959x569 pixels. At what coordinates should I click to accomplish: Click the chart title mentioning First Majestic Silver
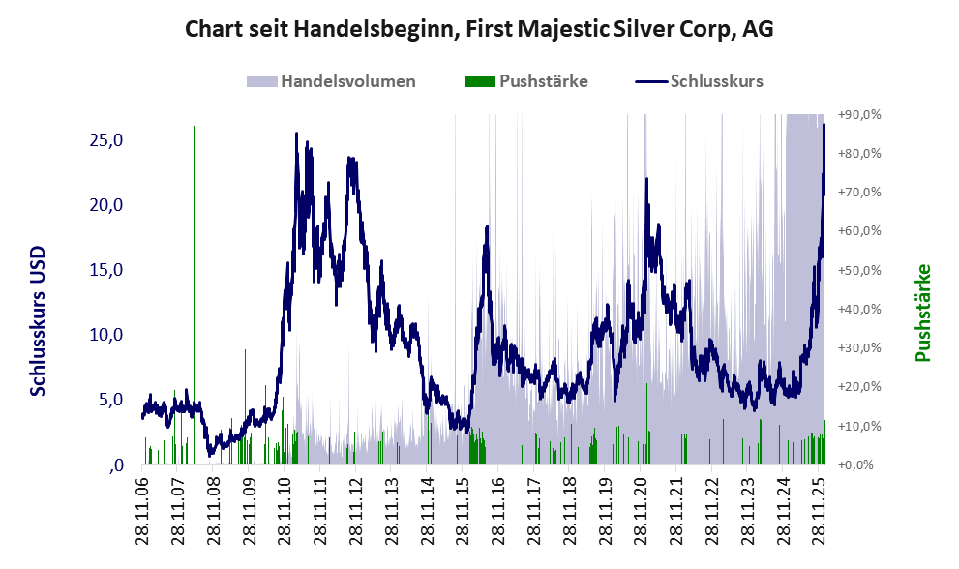(479, 30)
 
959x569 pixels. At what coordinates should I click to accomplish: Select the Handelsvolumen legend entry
(348, 81)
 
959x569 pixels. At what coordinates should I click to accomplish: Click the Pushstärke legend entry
(543, 81)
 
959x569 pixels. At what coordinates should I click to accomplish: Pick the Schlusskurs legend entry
(716, 81)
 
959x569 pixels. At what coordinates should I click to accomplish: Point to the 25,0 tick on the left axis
(106, 140)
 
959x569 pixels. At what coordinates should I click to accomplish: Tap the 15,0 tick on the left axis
(106, 270)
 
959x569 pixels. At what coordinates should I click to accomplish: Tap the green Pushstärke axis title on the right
(922, 313)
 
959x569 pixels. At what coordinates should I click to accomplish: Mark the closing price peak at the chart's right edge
(824, 125)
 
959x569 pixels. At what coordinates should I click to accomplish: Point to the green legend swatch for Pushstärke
(480, 81)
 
